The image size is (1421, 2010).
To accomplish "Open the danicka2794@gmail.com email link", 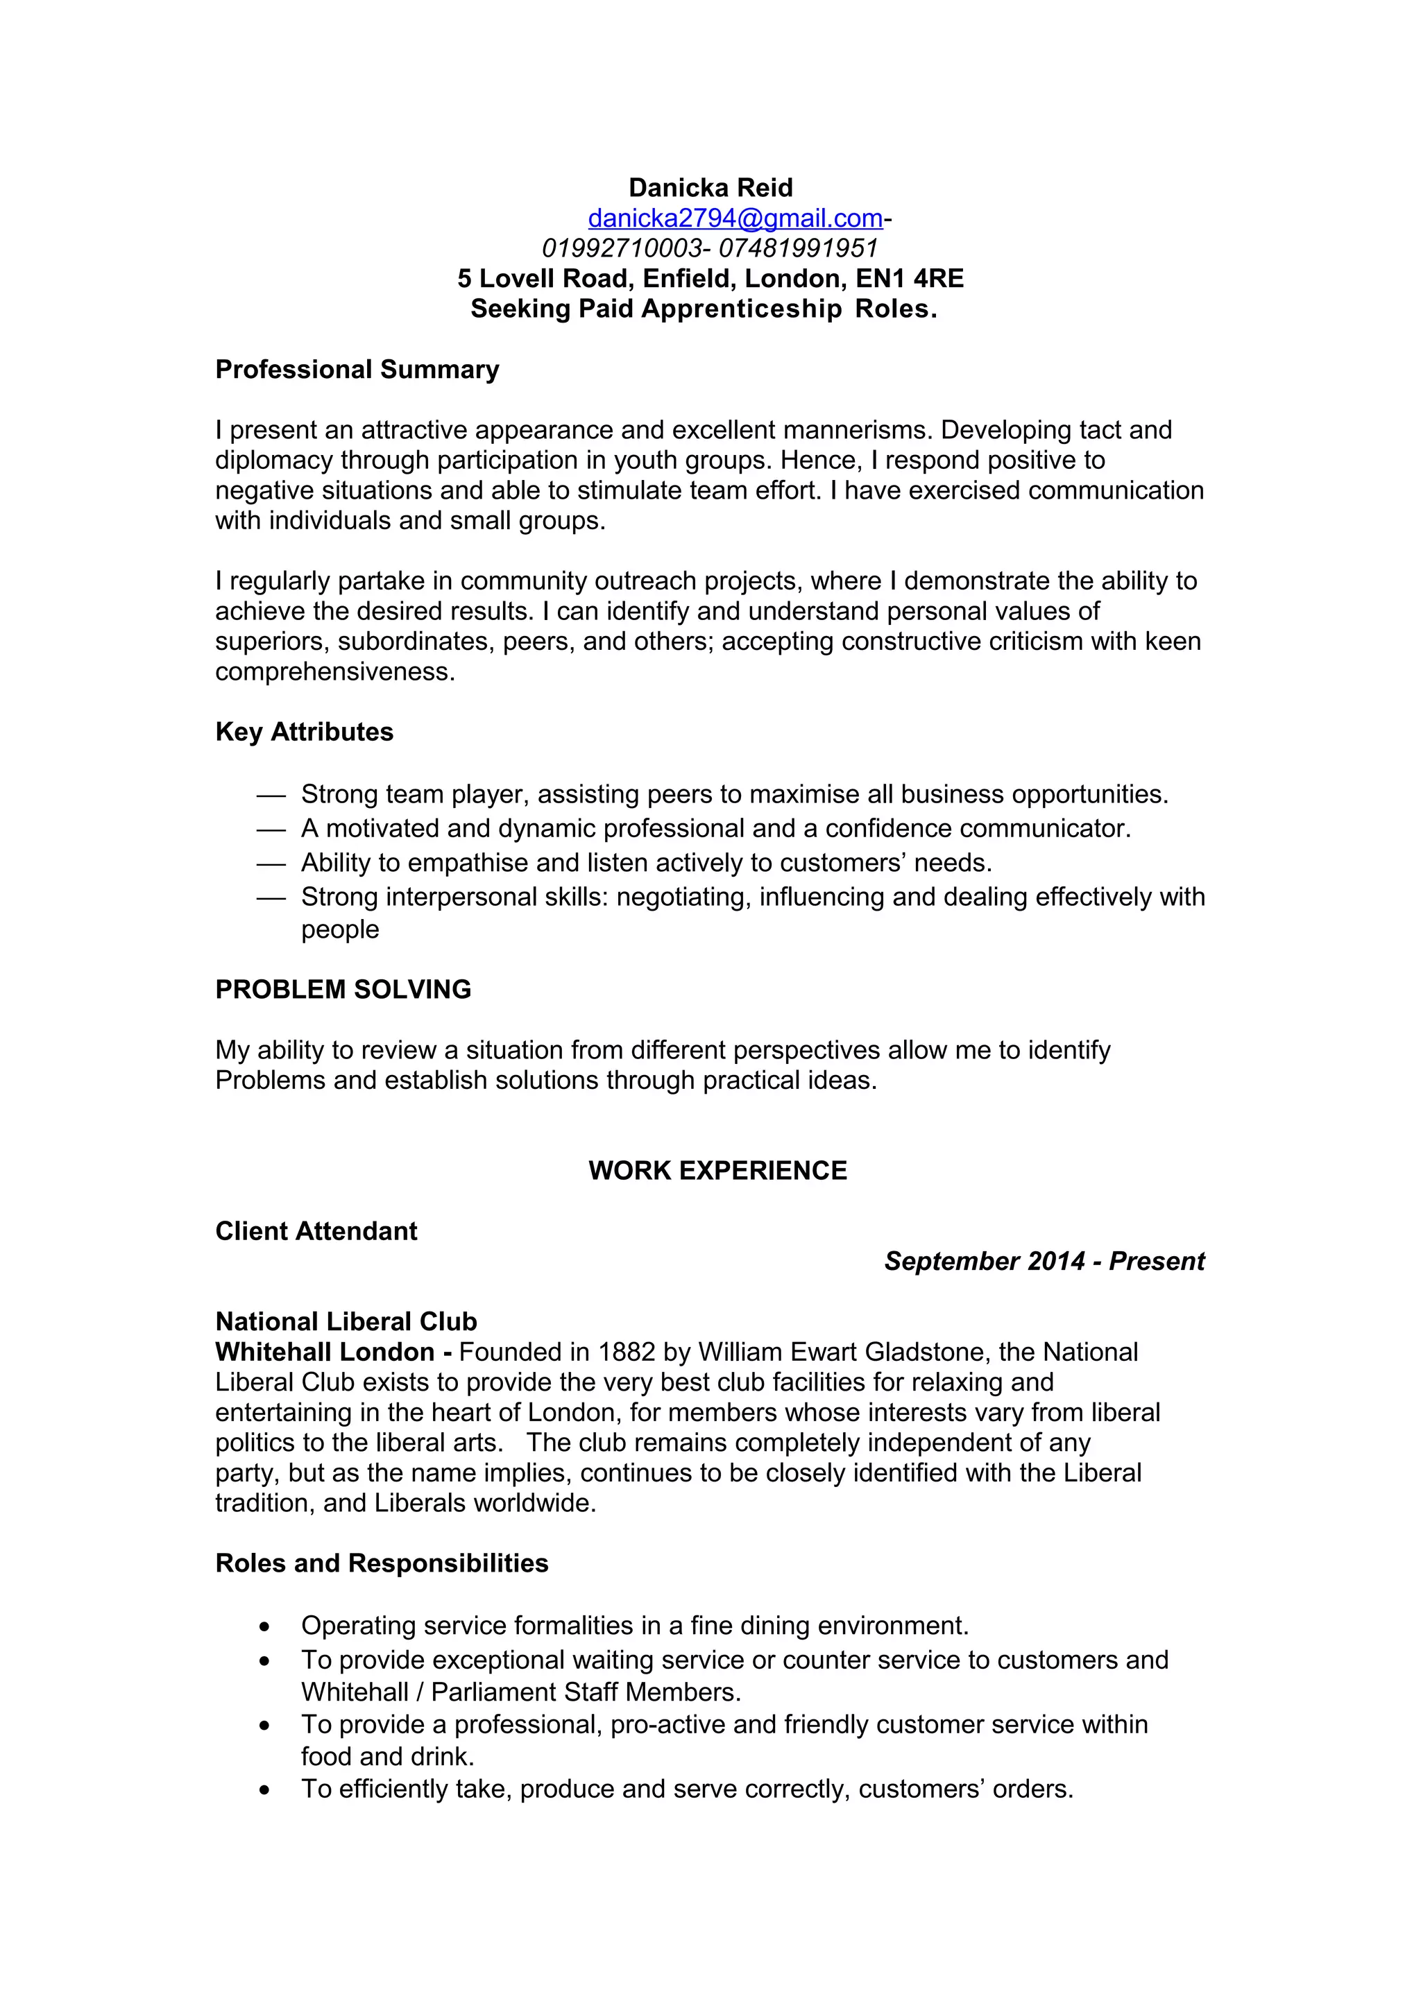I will point(735,218).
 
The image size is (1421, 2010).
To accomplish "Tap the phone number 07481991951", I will point(798,248).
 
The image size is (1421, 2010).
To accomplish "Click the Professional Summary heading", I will point(357,370).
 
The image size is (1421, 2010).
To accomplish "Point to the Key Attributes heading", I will point(304,732).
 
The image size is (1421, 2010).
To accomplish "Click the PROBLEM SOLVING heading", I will point(343,989).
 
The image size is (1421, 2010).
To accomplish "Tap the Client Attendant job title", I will point(316,1231).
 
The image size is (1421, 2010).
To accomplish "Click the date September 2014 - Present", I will point(1044,1262).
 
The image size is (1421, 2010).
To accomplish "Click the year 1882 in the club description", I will point(626,1352).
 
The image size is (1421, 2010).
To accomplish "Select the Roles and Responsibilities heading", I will point(382,1563).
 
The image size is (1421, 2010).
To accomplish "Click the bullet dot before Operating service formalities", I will point(264,1627).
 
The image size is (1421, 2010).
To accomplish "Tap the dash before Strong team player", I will point(271,796).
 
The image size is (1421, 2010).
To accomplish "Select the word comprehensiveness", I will point(334,671).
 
